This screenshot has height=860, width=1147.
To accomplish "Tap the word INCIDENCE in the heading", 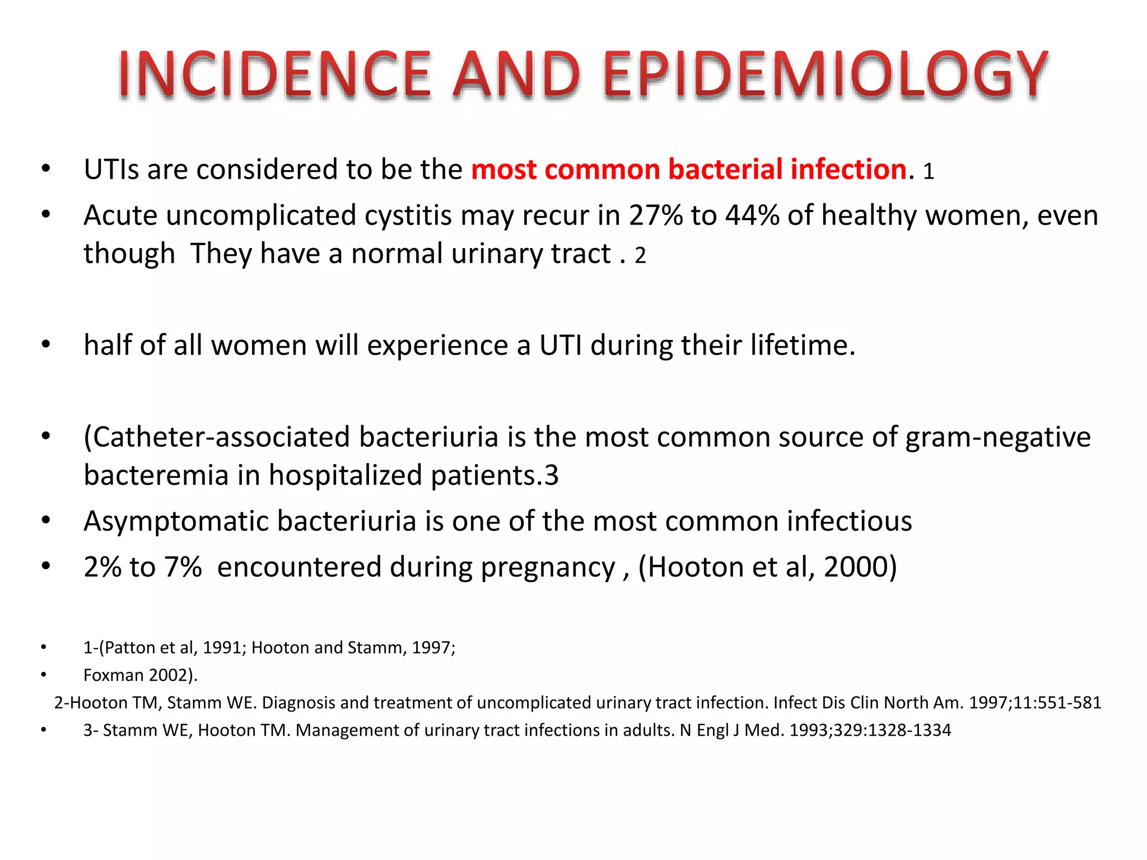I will (x=274, y=74).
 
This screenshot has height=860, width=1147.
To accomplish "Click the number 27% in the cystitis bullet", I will (x=656, y=215).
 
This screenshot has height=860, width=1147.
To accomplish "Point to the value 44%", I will (x=752, y=215).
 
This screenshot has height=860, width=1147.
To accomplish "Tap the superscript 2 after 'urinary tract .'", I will (x=640, y=256).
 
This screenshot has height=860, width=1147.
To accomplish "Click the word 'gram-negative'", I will (x=998, y=437).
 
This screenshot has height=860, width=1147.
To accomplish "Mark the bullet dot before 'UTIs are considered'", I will (x=46, y=169).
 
